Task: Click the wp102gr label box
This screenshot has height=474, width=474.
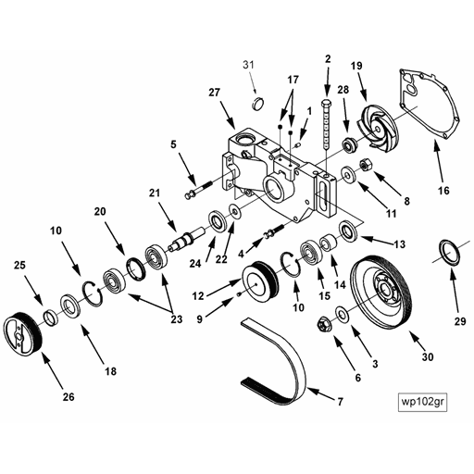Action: point(422,402)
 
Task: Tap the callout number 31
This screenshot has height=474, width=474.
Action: point(248,65)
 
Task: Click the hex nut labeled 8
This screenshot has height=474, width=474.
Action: point(367,165)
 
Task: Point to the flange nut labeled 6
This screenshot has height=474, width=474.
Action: point(324,324)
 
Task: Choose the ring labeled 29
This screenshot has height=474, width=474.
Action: point(449,252)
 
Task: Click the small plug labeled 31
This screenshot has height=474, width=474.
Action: point(257,104)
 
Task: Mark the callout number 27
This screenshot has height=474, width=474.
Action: point(214,93)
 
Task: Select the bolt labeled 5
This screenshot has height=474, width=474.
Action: point(198,190)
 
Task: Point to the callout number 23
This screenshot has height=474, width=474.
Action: point(177,318)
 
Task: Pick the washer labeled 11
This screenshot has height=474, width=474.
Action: point(349,175)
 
